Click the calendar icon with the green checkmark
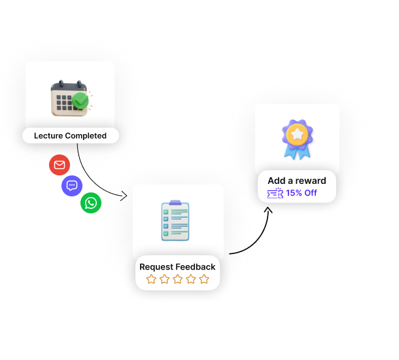(69, 98)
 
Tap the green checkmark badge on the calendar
(80, 101)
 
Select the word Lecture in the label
(48, 135)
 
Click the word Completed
(86, 135)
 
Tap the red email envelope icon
(60, 165)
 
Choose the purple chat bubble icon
(73, 185)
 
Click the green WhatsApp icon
(91, 203)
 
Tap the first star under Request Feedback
(151, 279)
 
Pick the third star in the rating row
(178, 279)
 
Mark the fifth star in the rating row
(204, 279)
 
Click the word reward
(310, 181)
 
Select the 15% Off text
(302, 193)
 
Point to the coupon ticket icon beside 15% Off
(275, 193)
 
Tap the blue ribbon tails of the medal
(296, 153)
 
